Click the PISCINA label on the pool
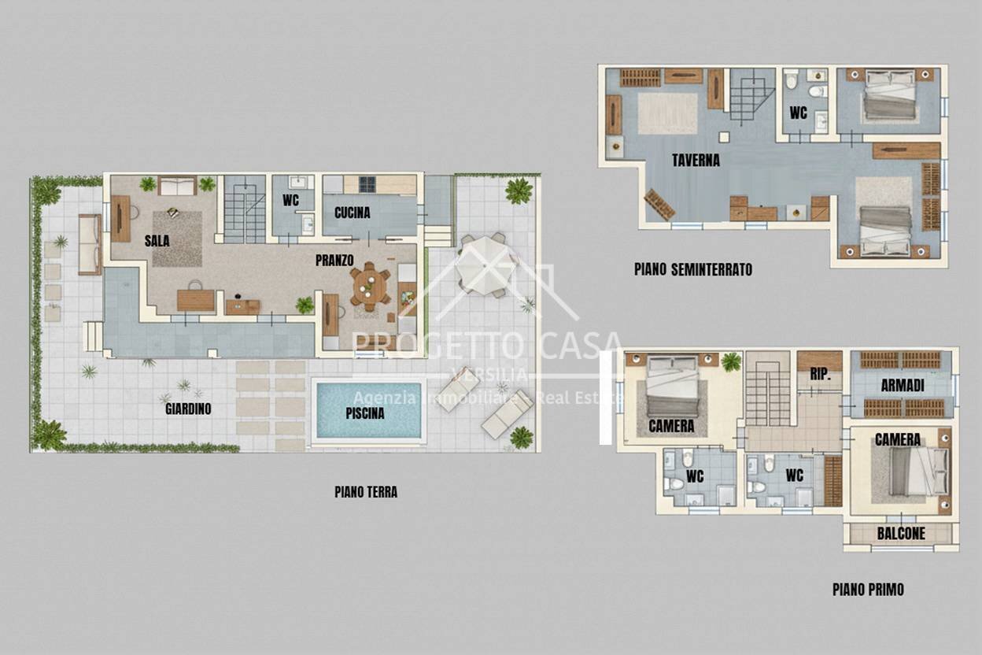pyautogui.click(x=365, y=413)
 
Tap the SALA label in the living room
pyautogui.click(x=157, y=240)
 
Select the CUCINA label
pyautogui.click(x=353, y=213)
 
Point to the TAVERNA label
pyautogui.click(x=696, y=161)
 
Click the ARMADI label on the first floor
pyautogui.click(x=903, y=387)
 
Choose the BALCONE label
pyautogui.click(x=902, y=534)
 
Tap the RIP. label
pyautogui.click(x=820, y=375)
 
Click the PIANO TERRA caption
pyautogui.click(x=366, y=493)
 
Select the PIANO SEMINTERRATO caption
pyautogui.click(x=693, y=269)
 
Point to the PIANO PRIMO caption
pyautogui.click(x=868, y=589)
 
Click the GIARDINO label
pyautogui.click(x=188, y=409)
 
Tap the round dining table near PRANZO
pyautogui.click(x=370, y=286)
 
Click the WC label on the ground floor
pyautogui.click(x=290, y=201)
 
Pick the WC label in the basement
pyautogui.click(x=798, y=113)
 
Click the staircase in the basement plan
pyautogui.click(x=752, y=94)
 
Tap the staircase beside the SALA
pyautogui.click(x=244, y=209)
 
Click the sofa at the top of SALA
pyautogui.click(x=177, y=185)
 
